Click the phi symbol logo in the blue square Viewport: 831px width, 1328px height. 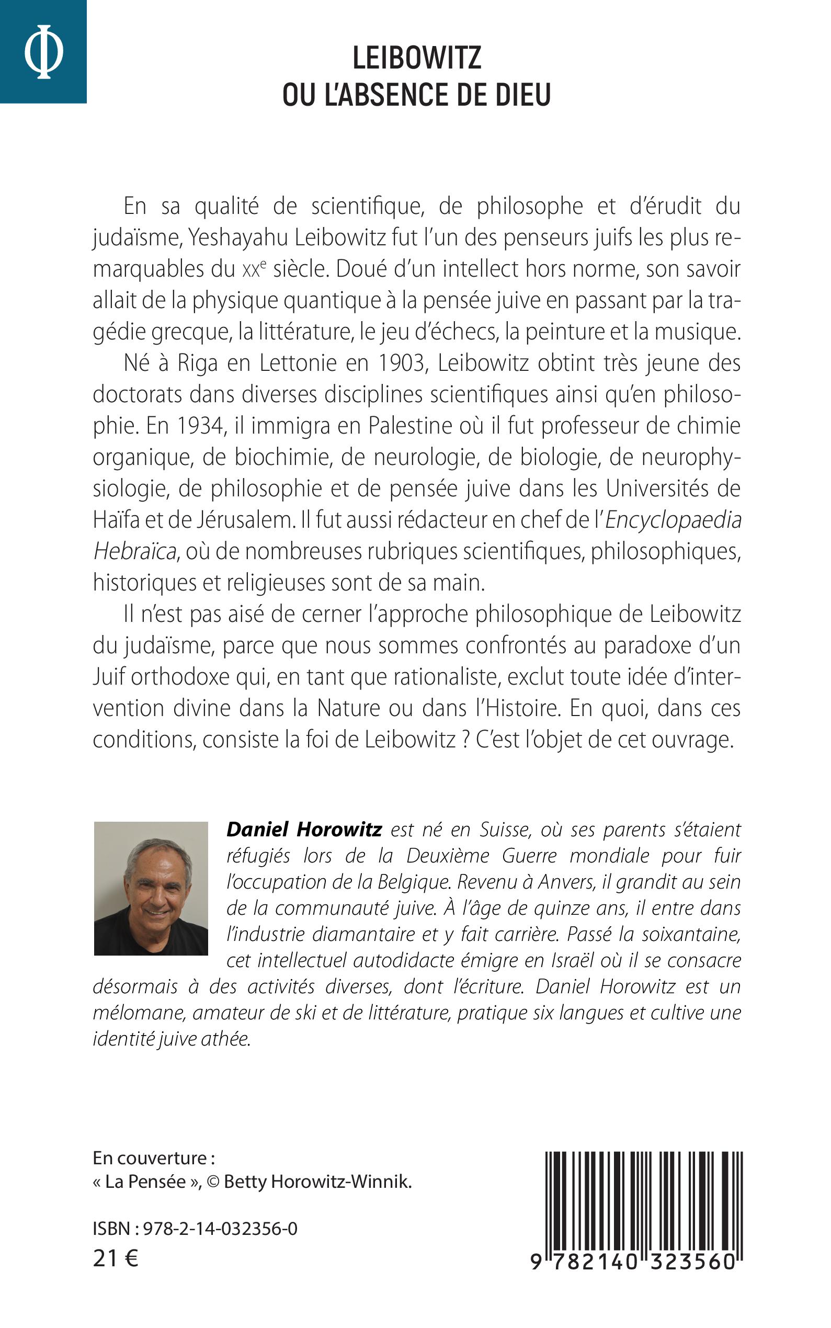pyautogui.click(x=43, y=52)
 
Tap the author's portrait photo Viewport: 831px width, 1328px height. pyautogui.click(x=151, y=888)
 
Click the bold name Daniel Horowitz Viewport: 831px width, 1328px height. pyautogui.click(x=304, y=830)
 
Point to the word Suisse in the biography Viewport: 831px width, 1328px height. pyautogui.click(x=505, y=830)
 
